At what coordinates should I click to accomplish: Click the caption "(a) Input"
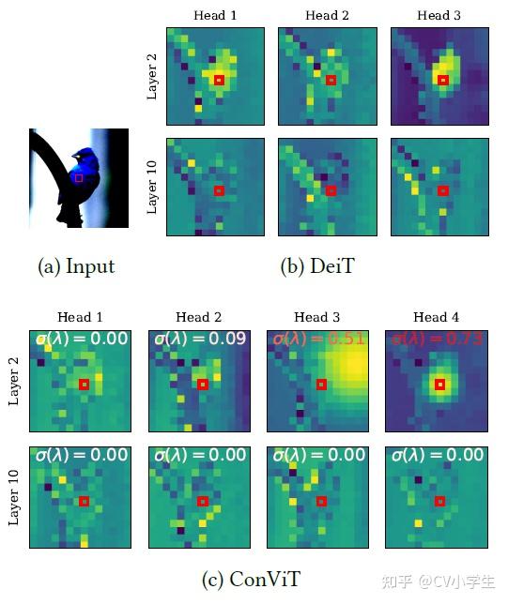76,266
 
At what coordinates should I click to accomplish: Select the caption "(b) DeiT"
317,266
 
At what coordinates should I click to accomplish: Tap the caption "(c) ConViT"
253,580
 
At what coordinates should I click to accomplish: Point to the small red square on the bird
79,177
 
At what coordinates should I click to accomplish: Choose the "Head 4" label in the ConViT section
437,318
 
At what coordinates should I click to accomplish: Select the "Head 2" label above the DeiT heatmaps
328,15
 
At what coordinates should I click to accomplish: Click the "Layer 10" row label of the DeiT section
152,188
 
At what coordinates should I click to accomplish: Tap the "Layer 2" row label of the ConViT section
13,380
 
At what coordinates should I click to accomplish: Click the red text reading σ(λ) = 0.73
437,339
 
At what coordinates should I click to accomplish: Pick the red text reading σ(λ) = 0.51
318,339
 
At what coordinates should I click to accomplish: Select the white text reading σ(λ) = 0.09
199,339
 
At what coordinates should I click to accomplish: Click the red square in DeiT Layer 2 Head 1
219,80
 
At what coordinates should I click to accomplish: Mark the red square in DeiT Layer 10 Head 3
443,190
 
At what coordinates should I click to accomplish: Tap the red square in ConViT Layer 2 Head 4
439,384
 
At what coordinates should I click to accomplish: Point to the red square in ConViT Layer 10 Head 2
202,501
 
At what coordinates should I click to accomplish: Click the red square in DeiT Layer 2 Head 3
443,80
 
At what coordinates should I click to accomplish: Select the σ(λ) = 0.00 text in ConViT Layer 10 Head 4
437,456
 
